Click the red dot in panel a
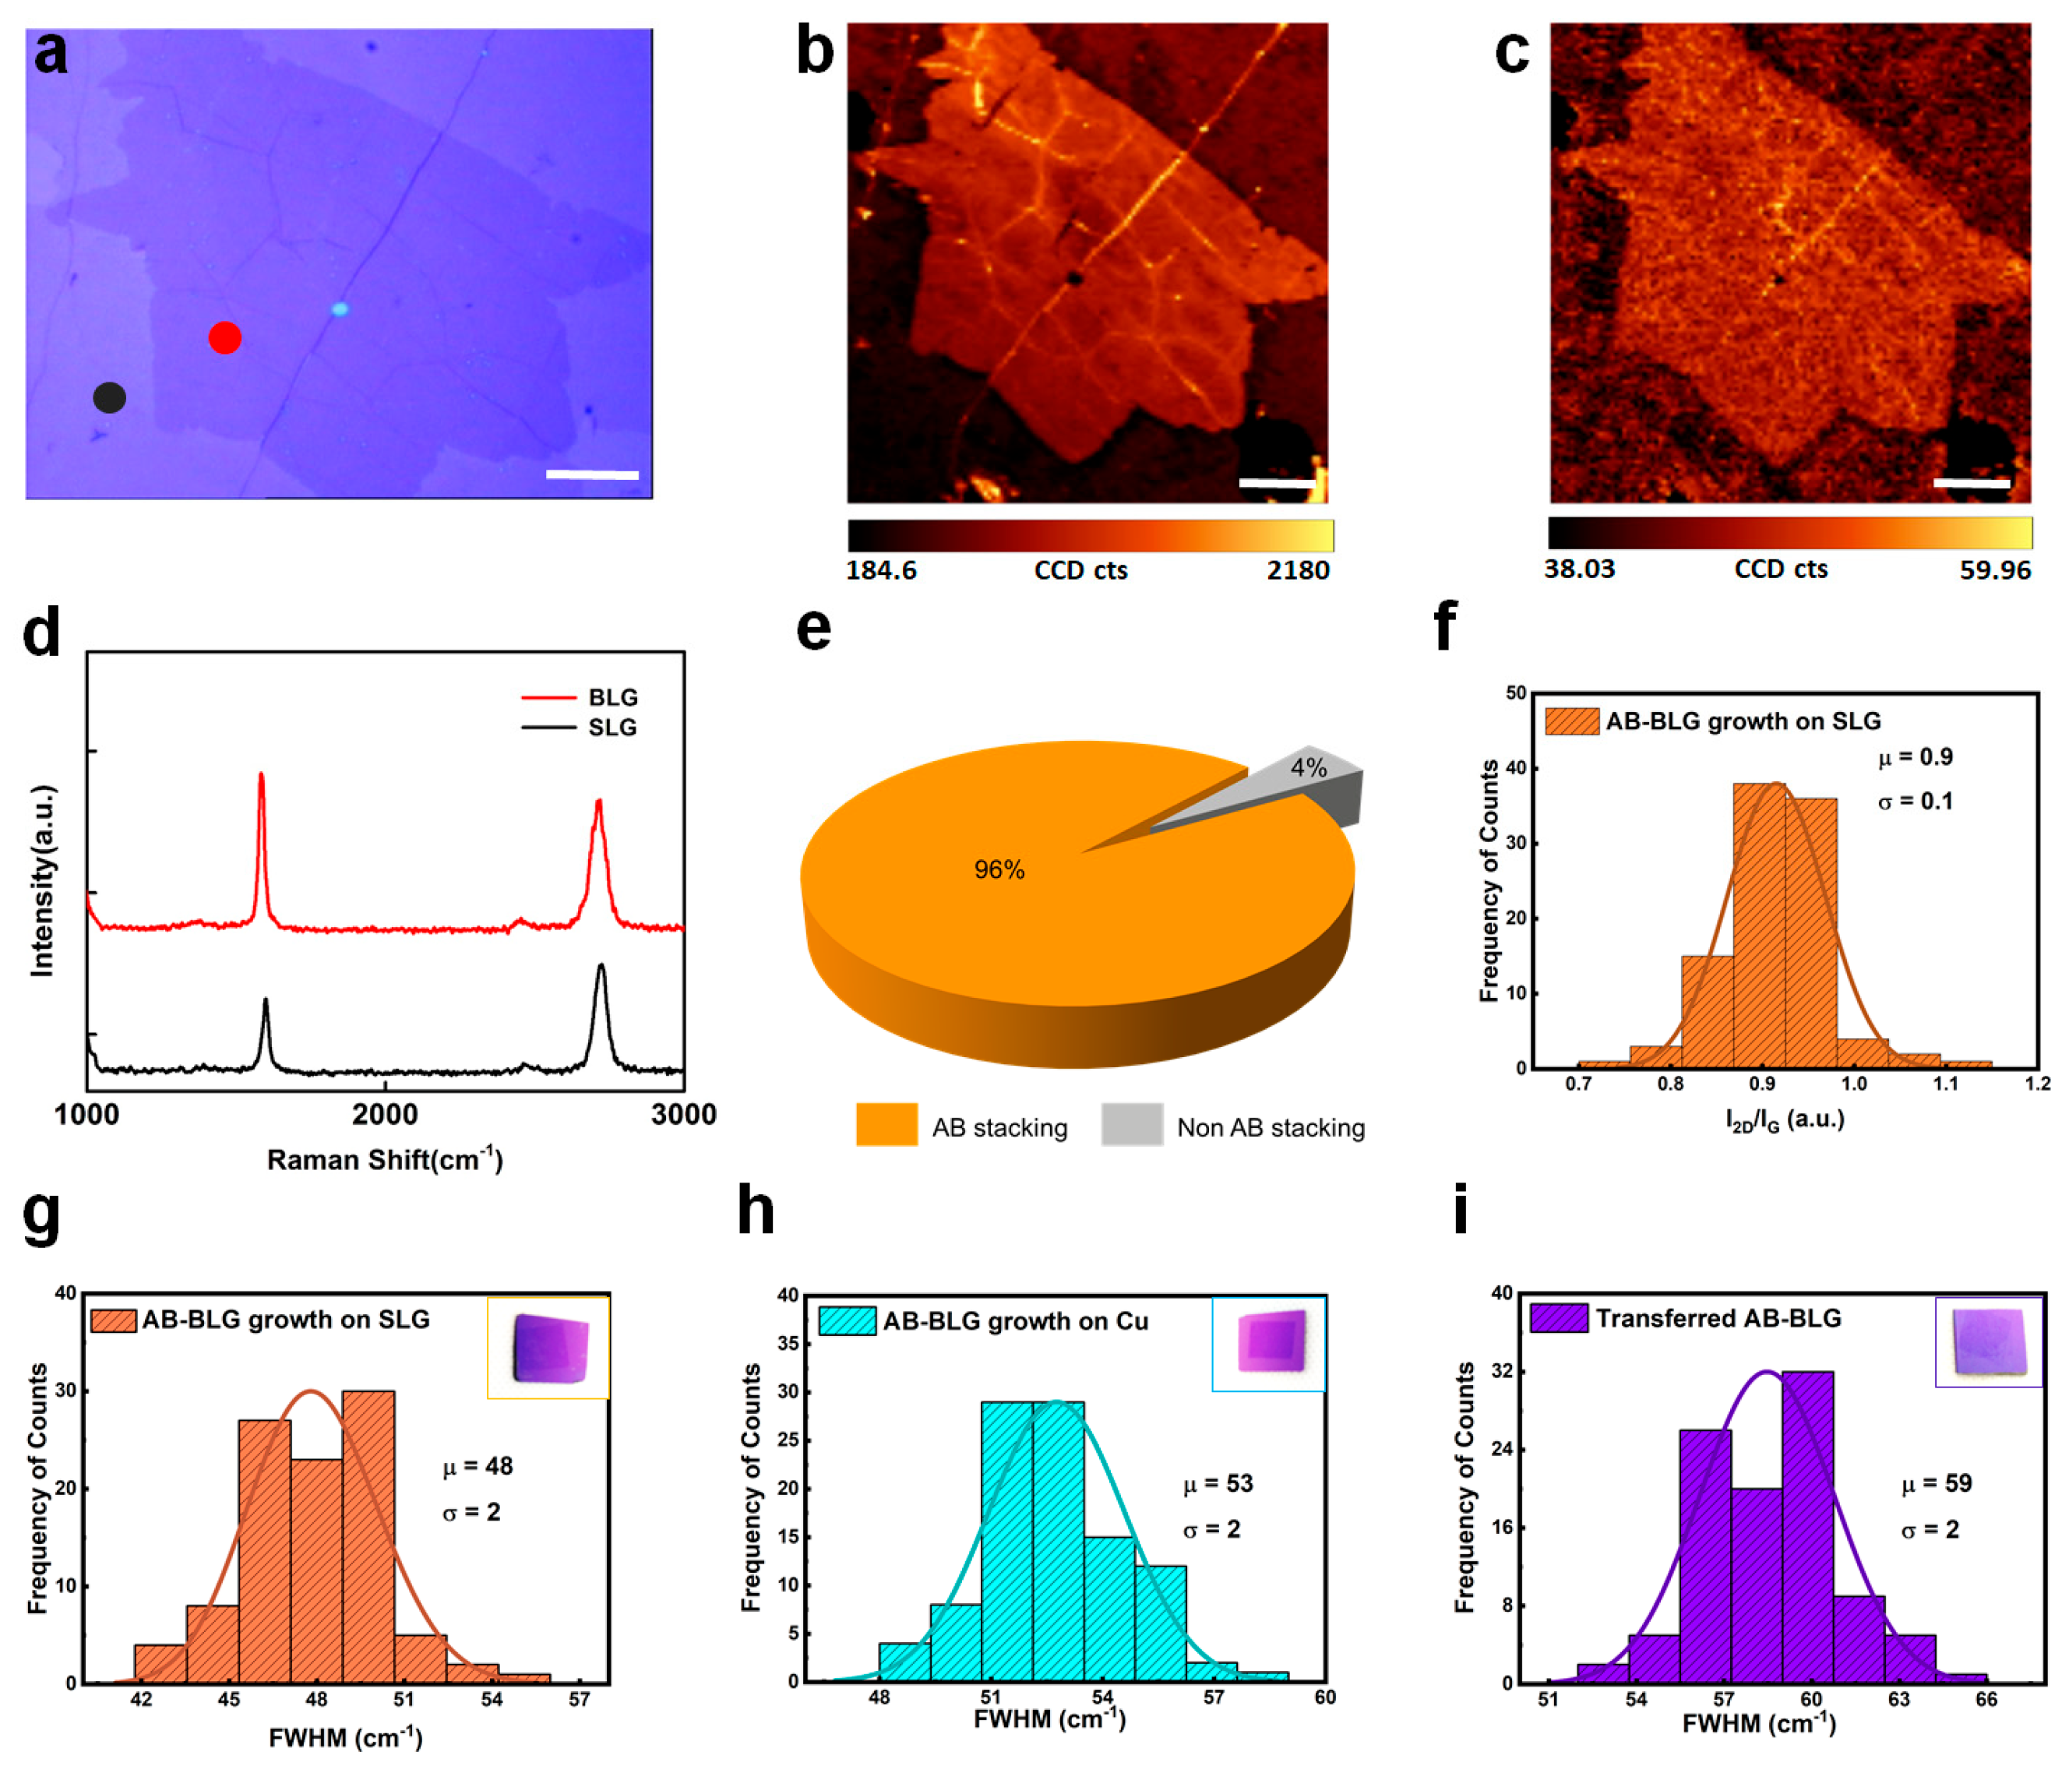(x=224, y=338)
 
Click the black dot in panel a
(x=110, y=397)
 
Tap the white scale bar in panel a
(x=592, y=474)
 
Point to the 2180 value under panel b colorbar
(x=1297, y=570)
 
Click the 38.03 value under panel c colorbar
(x=1579, y=569)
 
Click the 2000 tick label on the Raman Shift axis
(x=386, y=1114)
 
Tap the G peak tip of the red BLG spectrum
(x=262, y=774)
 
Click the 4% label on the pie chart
(x=1308, y=767)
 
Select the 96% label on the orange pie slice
(x=999, y=869)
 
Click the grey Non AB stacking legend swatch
(x=1131, y=1124)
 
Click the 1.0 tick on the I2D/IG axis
(x=1854, y=1084)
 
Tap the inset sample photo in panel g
(x=549, y=1348)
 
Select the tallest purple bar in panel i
(x=1806, y=1528)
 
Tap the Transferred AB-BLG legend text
(x=1718, y=1319)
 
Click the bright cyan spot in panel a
(x=340, y=309)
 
